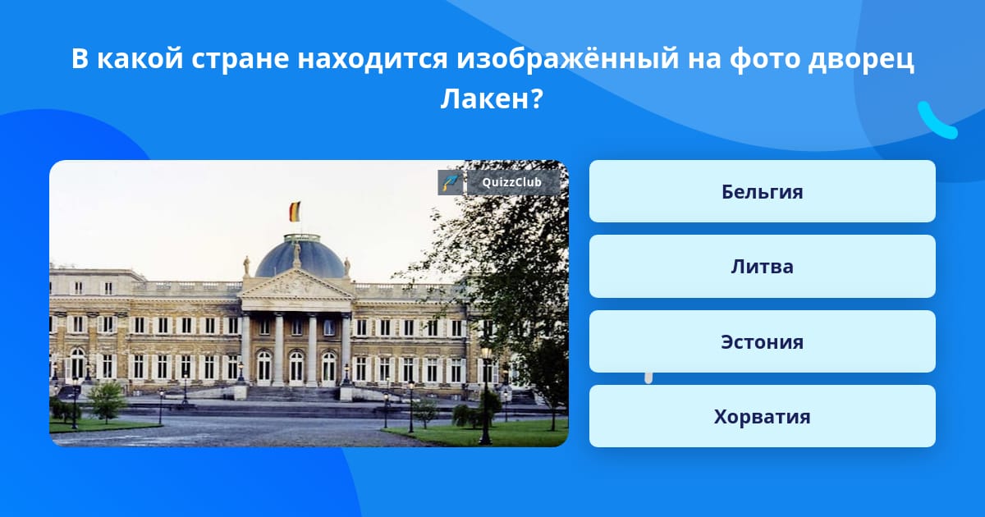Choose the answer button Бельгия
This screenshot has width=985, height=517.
click(x=762, y=191)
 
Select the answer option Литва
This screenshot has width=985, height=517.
click(x=762, y=267)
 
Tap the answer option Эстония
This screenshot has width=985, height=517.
click(x=762, y=341)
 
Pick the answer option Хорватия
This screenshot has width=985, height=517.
click(x=762, y=416)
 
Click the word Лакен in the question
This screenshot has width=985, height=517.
click(x=484, y=99)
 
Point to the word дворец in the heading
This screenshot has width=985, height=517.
click(x=861, y=59)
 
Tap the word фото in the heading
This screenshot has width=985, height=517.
click(x=765, y=58)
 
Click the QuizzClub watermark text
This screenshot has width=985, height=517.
click(x=511, y=182)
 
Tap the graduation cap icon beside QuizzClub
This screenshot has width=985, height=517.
click(x=451, y=182)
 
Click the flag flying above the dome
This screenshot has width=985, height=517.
click(x=295, y=212)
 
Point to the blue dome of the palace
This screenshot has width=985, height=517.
click(x=300, y=258)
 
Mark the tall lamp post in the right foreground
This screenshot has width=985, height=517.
click(x=485, y=396)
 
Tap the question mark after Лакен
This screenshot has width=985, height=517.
click(x=537, y=99)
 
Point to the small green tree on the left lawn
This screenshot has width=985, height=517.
click(x=106, y=401)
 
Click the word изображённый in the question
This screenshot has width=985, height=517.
click(x=568, y=58)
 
